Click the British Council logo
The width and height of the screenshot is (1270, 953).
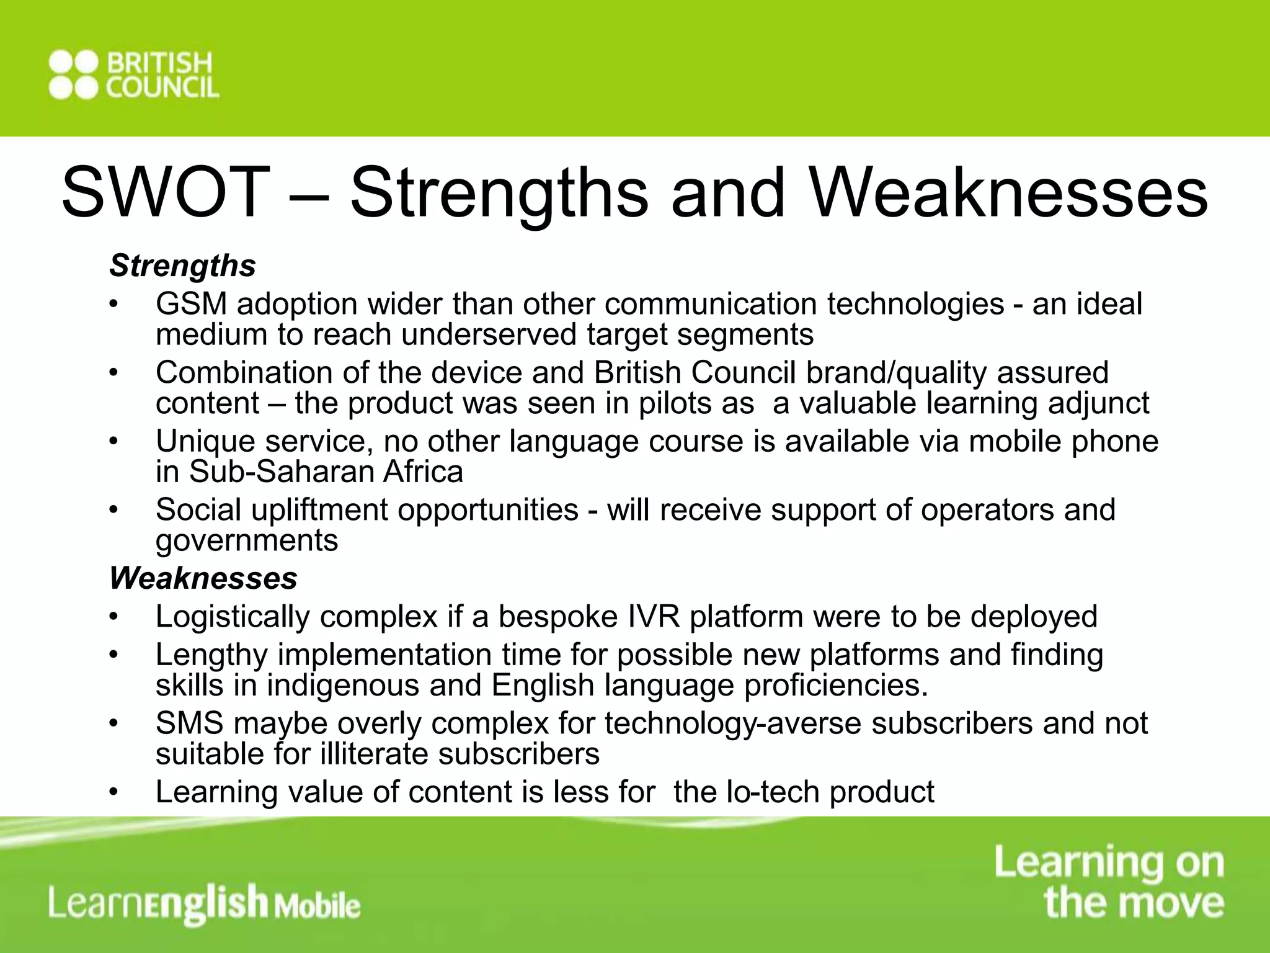point(134,76)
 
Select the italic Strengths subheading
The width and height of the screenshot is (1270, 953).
point(182,266)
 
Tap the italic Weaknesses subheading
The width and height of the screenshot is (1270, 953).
point(203,578)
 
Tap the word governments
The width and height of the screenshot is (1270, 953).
point(246,541)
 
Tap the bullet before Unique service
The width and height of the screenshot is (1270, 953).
point(112,442)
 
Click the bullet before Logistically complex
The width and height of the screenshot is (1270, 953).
point(112,617)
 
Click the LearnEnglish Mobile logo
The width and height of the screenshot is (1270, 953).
point(205,903)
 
